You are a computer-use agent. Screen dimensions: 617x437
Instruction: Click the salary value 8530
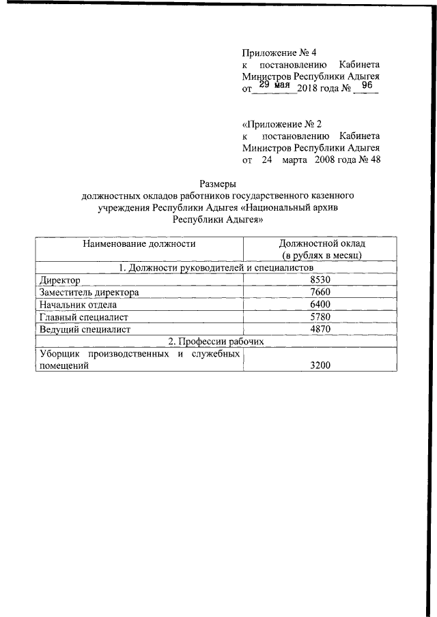[320, 280]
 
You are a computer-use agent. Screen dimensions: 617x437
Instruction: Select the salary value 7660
[320, 292]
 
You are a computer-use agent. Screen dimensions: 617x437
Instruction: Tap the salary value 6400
[320, 305]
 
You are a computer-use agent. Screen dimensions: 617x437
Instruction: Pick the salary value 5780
[320, 317]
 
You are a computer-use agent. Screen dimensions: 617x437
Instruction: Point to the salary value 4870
[320, 329]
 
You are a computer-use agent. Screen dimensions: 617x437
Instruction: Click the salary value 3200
[320, 366]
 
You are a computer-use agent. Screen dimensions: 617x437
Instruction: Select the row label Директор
[60, 280]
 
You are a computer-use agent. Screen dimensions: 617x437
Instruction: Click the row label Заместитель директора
[89, 292]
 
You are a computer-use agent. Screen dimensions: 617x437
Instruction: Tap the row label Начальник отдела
[79, 305]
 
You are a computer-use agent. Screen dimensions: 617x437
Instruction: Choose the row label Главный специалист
[84, 317]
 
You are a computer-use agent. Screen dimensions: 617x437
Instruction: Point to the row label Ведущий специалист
[85, 329]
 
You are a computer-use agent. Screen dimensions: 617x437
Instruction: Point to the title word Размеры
[218, 183]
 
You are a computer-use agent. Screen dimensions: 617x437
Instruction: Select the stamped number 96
[366, 86]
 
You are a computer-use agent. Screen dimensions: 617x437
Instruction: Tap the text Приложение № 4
[279, 52]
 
